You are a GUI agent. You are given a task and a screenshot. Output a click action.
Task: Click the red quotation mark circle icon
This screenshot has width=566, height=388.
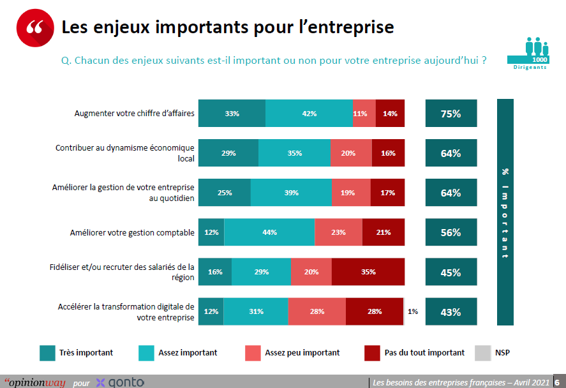36,29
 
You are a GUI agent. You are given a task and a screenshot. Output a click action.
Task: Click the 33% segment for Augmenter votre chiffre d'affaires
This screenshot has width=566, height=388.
232,114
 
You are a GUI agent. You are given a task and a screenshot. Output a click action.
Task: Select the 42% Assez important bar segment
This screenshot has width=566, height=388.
309,114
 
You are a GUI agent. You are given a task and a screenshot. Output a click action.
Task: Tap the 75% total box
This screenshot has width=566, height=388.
451,114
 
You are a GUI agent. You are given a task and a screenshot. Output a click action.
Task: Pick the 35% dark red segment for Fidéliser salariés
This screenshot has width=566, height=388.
368,272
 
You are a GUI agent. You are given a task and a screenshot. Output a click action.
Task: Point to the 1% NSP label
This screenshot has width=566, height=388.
413,311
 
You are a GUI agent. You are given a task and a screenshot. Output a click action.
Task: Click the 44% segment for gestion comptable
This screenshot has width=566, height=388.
269,232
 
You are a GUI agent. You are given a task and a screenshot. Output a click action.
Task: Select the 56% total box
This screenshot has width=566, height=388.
451,232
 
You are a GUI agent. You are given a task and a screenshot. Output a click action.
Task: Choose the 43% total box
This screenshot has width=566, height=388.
451,312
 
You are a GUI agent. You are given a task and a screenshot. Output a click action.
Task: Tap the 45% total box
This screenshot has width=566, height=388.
451,272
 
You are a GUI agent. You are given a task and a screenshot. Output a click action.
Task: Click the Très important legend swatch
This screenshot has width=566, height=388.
47,352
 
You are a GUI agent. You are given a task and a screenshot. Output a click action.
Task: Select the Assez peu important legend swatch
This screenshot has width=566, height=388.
253,352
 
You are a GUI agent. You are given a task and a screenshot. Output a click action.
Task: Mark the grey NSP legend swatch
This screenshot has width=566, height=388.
483,352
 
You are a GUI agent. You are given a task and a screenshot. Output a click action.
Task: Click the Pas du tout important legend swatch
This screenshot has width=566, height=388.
372,352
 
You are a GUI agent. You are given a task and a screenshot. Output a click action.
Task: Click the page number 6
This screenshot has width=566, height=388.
557,382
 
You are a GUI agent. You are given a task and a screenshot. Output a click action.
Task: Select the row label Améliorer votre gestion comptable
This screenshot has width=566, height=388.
132,233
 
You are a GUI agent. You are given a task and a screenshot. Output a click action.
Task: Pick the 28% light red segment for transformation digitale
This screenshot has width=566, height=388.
317,311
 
